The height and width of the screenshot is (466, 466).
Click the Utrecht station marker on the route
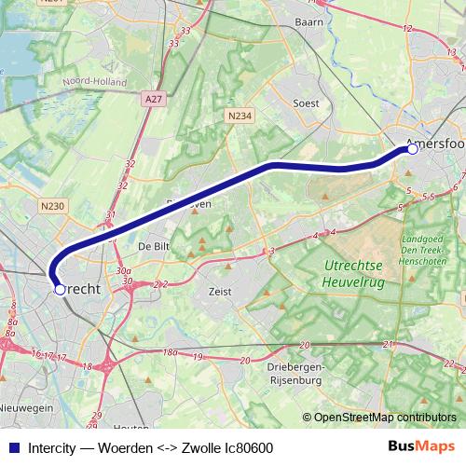tap(60, 290)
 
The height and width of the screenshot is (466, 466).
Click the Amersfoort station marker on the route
tap(412, 147)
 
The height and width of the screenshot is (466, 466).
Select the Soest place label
tap(306, 103)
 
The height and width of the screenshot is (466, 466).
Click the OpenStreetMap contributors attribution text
tap(384, 418)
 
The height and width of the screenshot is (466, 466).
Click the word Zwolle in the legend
tap(195, 446)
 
